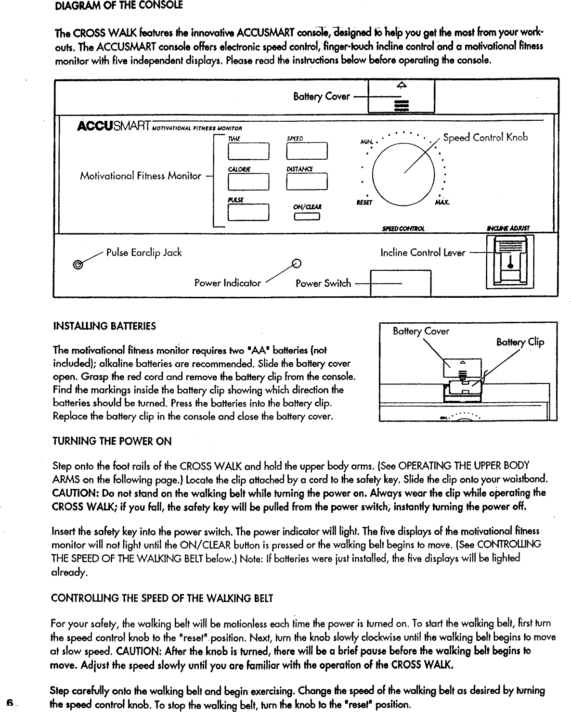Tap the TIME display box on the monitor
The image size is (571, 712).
pyautogui.click(x=248, y=152)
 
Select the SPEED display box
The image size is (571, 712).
pyautogui.click(x=307, y=152)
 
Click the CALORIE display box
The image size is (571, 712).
pyautogui.click(x=248, y=182)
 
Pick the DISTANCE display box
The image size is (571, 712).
pyautogui.click(x=307, y=182)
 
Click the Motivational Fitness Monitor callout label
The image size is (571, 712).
pyautogui.click(x=140, y=176)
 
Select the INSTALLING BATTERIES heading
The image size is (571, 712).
pyautogui.click(x=104, y=326)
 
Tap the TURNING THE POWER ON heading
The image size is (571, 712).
pyautogui.click(x=112, y=441)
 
